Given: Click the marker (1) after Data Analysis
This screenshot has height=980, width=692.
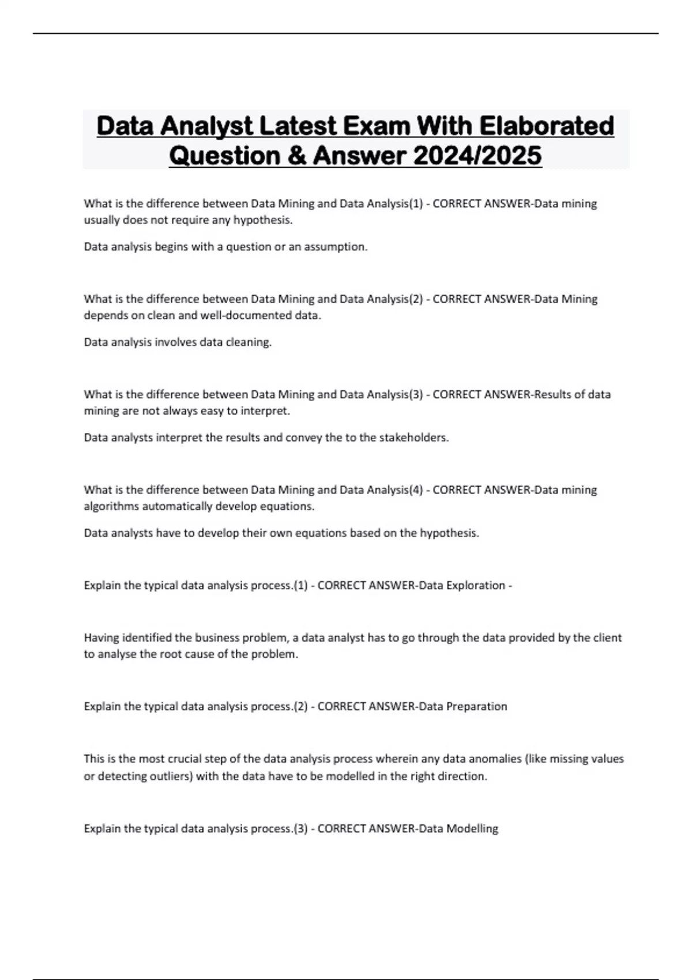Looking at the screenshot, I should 415,203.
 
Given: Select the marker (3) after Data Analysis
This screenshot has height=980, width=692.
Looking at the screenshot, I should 415,394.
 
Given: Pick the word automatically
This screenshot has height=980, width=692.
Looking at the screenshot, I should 177,506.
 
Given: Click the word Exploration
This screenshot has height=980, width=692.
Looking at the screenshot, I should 476,585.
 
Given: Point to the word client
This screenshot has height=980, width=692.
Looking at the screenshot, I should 605,638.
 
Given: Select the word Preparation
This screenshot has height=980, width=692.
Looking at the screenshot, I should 476,706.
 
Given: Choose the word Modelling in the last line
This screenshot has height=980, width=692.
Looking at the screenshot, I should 472,828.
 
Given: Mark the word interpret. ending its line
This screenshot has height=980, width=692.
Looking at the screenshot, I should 267,411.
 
